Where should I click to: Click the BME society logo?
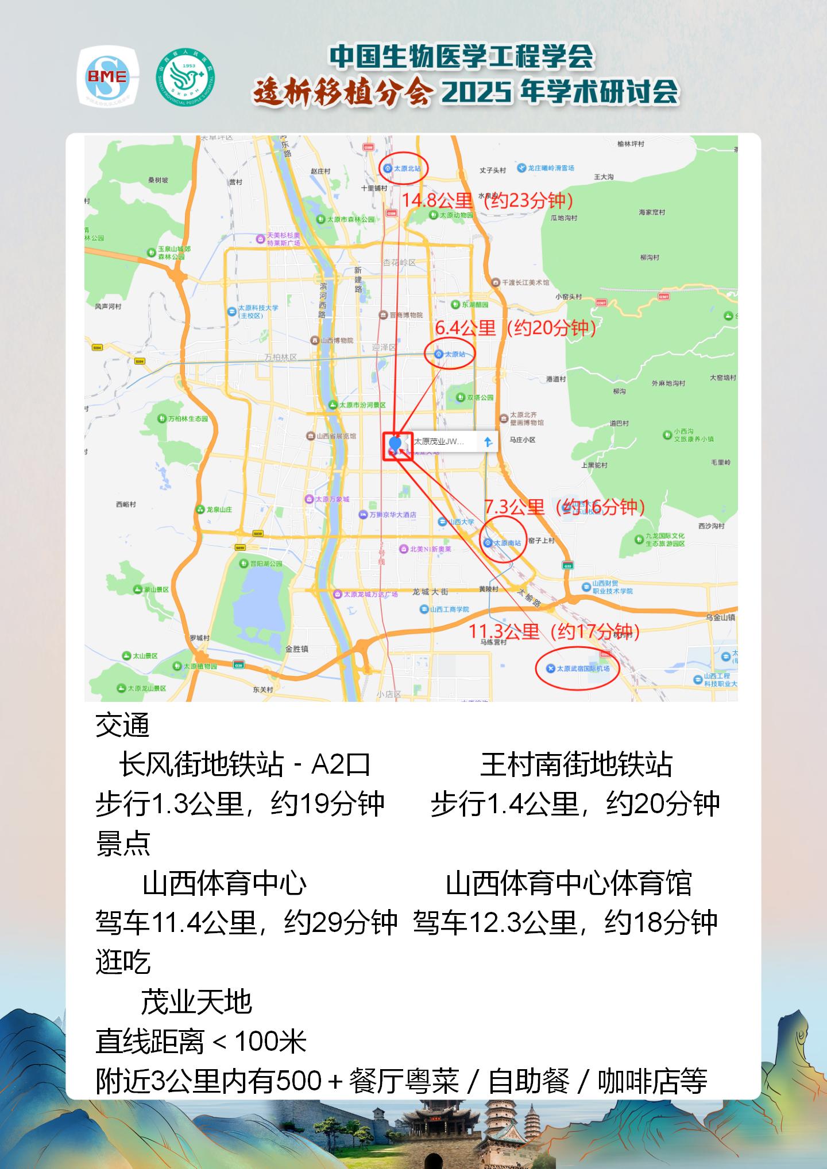(107, 77)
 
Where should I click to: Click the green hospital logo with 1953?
(185, 77)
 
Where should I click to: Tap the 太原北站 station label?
(407, 169)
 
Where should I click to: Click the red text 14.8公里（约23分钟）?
(487, 200)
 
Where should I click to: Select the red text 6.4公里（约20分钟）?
(515, 328)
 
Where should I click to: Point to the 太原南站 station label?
(507, 542)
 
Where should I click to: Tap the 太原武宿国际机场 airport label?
(582, 668)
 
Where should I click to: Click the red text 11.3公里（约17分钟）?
(554, 632)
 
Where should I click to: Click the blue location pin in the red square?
(395, 444)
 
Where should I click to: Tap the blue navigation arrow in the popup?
(488, 441)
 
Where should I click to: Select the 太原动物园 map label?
(456, 215)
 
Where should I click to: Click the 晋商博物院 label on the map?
(405, 315)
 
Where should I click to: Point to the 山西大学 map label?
(461, 522)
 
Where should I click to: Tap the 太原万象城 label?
(331, 499)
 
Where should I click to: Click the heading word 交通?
(122, 725)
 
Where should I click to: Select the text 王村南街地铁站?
(576, 764)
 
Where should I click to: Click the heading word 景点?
(123, 844)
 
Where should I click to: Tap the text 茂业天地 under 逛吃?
(196, 1002)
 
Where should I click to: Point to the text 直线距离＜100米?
(201, 1042)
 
